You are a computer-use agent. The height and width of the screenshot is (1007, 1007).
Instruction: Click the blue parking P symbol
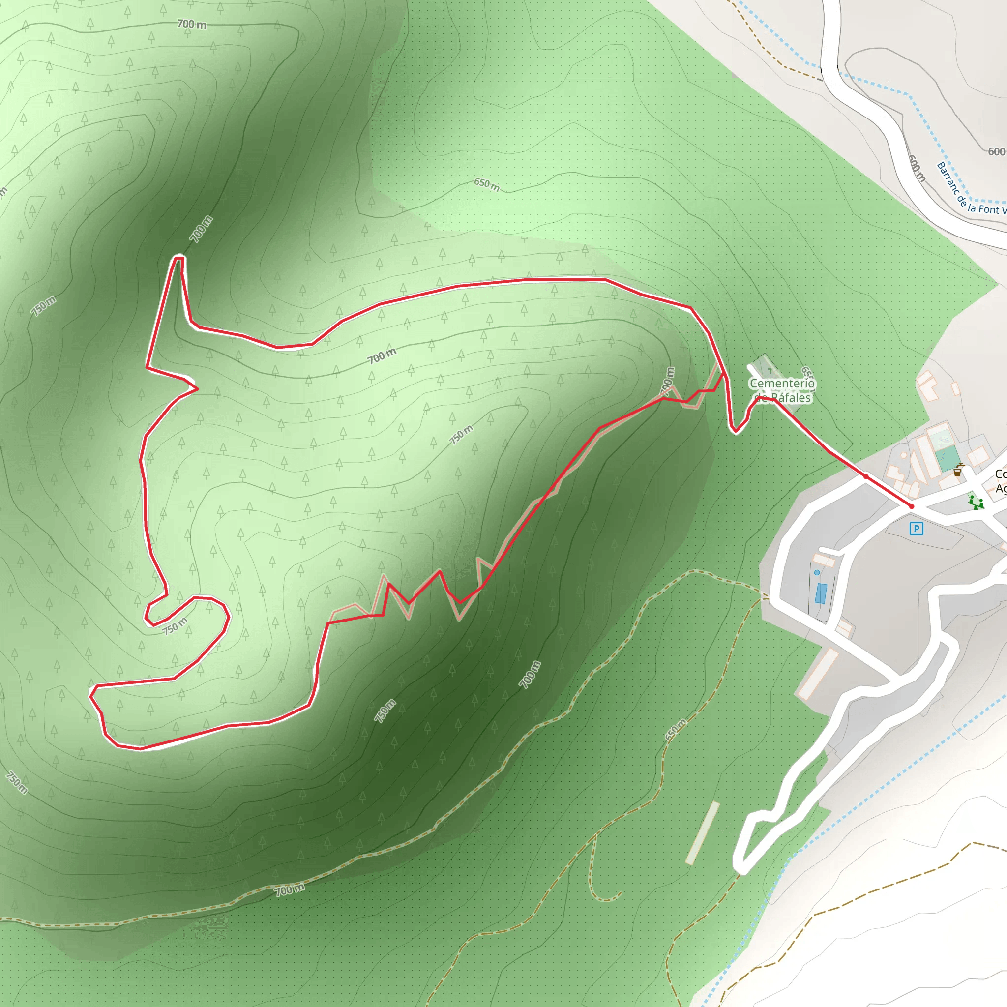pyautogui.click(x=916, y=529)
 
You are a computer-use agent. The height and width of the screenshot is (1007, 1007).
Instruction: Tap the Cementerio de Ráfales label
pyautogui.click(x=782, y=390)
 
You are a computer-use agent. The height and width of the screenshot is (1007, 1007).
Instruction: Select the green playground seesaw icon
pyautogui.click(x=975, y=503)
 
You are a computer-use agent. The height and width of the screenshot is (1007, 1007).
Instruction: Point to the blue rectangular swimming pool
pyautogui.click(x=821, y=593)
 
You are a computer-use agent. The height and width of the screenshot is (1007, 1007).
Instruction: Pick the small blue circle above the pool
pyautogui.click(x=817, y=572)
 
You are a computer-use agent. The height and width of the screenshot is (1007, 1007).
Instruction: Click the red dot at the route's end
pyautogui.click(x=911, y=506)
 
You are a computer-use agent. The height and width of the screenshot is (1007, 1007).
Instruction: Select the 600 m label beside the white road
pyautogui.click(x=917, y=168)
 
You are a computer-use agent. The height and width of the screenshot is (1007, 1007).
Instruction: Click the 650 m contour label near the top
pyautogui.click(x=486, y=184)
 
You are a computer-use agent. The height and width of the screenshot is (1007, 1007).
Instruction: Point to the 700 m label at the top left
pyautogui.click(x=191, y=24)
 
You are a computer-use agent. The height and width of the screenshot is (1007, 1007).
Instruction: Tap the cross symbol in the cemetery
pyautogui.click(x=770, y=370)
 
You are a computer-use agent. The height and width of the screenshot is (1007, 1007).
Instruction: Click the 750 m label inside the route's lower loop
pyautogui.click(x=175, y=626)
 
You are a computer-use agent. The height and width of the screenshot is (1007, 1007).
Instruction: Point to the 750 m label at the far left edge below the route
pyautogui.click(x=17, y=782)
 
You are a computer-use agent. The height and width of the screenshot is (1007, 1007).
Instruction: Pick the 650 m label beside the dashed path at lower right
pyautogui.click(x=676, y=730)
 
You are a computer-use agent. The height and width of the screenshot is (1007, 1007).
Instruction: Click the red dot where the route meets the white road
pyautogui.click(x=866, y=476)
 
